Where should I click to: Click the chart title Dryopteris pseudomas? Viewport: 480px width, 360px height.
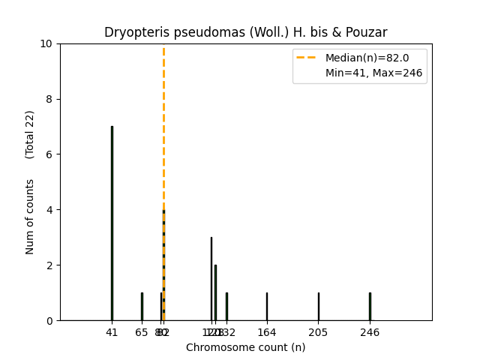point(245,32)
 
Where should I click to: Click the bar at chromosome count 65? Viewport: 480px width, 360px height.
point(142,307)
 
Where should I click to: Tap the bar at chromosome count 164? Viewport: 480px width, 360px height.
point(266,307)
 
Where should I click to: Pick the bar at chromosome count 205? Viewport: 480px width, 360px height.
point(318,307)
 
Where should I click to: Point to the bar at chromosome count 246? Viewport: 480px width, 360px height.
point(370,307)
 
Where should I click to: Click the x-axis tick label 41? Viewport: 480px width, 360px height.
point(112,332)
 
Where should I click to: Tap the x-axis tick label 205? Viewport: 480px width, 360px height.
point(318,332)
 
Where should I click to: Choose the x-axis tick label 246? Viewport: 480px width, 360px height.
point(370,332)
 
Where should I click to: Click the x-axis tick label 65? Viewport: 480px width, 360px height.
point(142,332)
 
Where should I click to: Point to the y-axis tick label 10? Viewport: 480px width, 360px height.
point(46,43)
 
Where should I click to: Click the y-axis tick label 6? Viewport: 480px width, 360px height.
point(49,154)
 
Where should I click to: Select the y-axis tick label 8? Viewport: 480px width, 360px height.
point(49,99)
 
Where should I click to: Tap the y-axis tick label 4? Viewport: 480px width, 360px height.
point(49,210)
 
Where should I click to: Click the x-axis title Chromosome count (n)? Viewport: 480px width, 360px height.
point(245,347)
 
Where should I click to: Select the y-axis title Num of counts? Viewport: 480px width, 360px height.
point(30,217)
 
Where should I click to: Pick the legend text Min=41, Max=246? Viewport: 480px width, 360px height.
point(373,73)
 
